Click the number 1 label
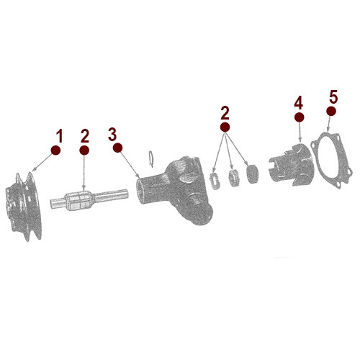click(x=60, y=135)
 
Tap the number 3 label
click(x=112, y=134)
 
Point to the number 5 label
click(x=332, y=96)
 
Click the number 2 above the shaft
click(x=85, y=135)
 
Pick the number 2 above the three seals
click(x=225, y=112)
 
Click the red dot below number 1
click(x=56, y=150)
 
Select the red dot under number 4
click(x=299, y=116)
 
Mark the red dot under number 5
click(x=330, y=112)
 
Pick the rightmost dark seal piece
click(x=251, y=172)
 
